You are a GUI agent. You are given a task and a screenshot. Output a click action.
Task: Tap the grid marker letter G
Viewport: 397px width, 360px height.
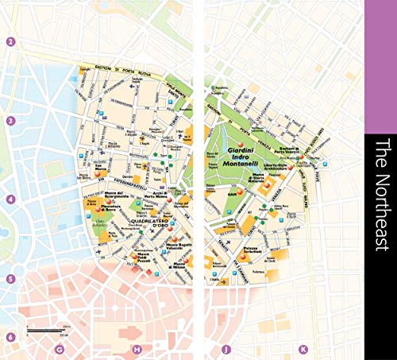[59, 349]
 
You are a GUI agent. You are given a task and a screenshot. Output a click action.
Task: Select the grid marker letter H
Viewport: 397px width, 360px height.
[137, 349]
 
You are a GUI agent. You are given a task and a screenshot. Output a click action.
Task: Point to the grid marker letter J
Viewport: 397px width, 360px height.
[226, 349]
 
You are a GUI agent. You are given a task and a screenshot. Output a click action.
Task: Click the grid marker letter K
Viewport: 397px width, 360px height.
[303, 349]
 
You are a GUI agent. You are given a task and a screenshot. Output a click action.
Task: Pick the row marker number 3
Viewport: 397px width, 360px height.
[10, 121]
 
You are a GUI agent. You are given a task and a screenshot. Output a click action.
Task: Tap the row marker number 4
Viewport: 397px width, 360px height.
[10, 199]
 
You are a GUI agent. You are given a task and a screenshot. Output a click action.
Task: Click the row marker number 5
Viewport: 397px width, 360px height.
[10, 279]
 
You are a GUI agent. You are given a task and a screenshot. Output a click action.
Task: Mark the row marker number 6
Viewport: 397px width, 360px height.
[10, 337]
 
